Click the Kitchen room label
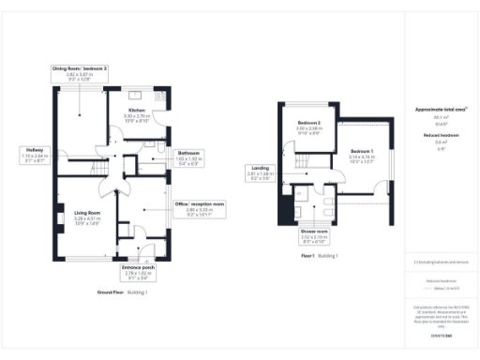(x=137, y=110)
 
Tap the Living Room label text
(x=87, y=213)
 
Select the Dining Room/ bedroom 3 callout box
(x=80, y=74)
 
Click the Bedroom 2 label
(x=309, y=124)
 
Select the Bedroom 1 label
(x=362, y=151)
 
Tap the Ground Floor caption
(x=111, y=292)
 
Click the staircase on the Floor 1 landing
(x=302, y=160)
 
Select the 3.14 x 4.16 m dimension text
(x=362, y=157)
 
